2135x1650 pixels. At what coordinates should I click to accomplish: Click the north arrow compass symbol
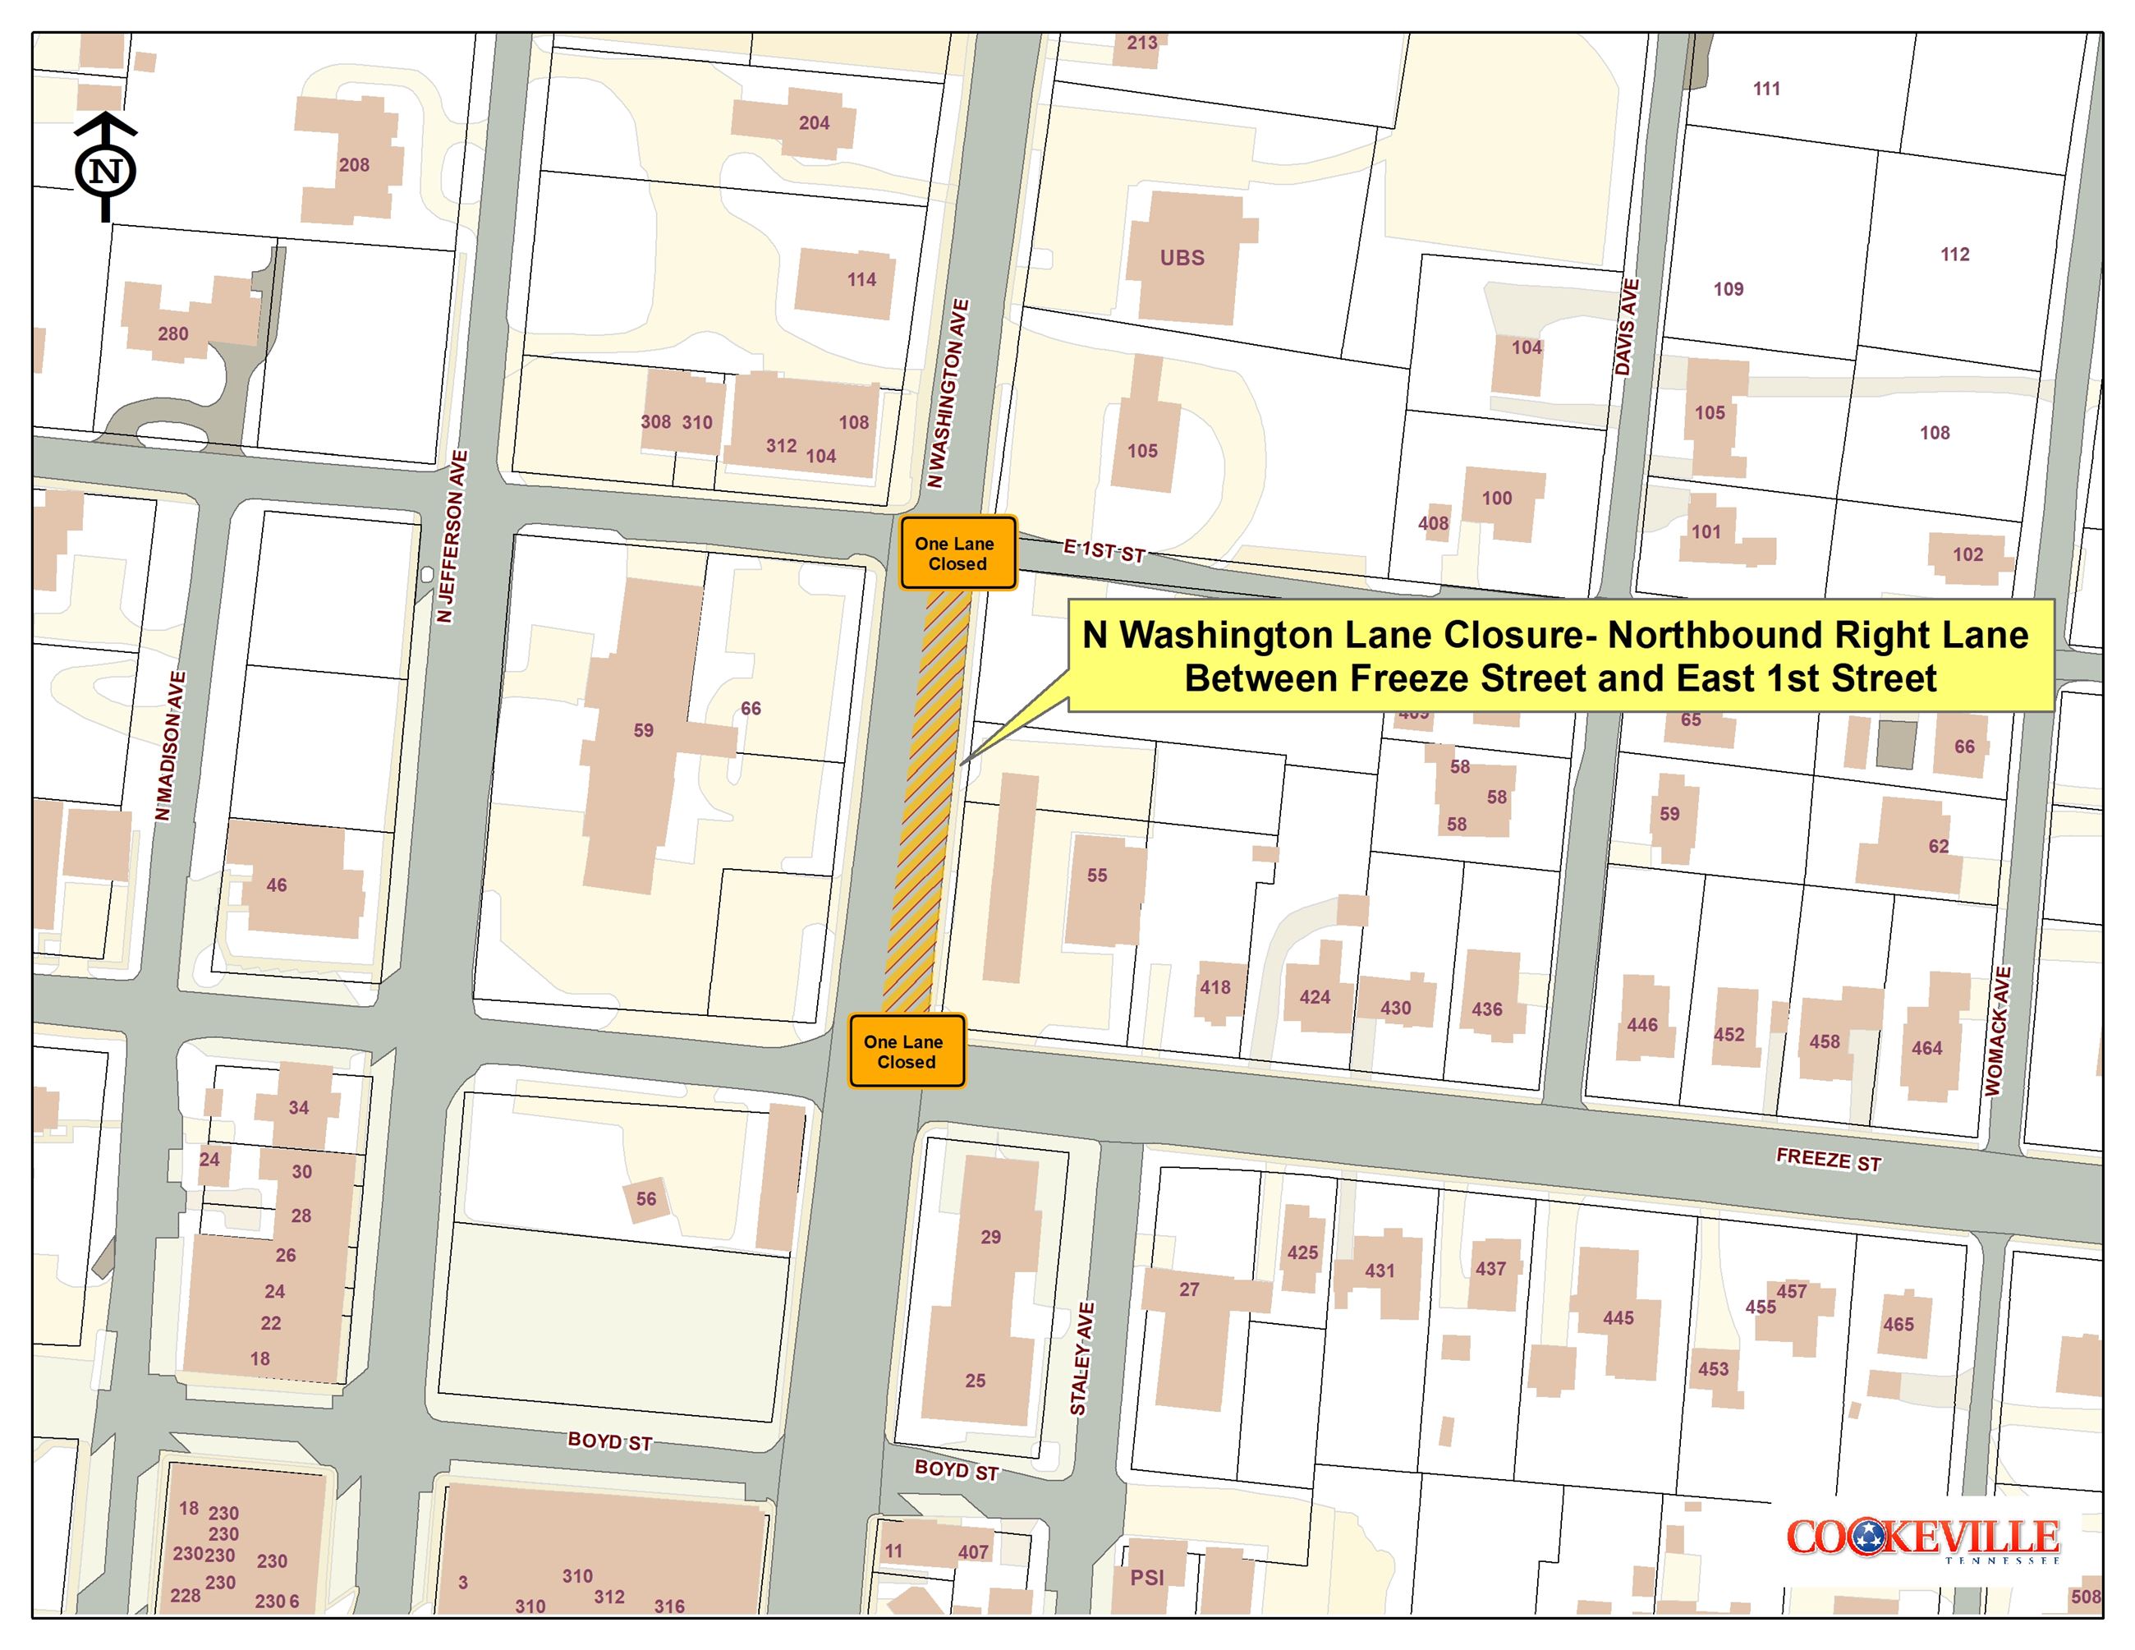click(106, 168)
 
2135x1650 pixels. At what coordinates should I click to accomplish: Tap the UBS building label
click(1182, 258)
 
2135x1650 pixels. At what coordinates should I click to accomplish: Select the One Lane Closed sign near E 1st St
click(957, 554)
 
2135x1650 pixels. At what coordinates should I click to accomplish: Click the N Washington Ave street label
click(948, 394)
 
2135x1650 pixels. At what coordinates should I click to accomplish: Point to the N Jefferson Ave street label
click(452, 536)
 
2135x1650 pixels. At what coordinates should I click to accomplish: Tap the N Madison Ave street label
click(170, 746)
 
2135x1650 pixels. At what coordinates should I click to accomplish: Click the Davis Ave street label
click(1626, 328)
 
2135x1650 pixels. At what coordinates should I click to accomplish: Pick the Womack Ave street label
click(1998, 1032)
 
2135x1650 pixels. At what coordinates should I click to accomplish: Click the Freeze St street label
click(1828, 1161)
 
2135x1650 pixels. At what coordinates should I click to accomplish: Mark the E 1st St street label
click(1104, 551)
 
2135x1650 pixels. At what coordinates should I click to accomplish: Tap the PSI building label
click(1146, 1578)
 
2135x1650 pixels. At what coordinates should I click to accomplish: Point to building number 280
click(173, 334)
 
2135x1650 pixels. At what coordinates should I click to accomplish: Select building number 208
click(354, 165)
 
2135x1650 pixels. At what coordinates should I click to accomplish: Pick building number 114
click(861, 279)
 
